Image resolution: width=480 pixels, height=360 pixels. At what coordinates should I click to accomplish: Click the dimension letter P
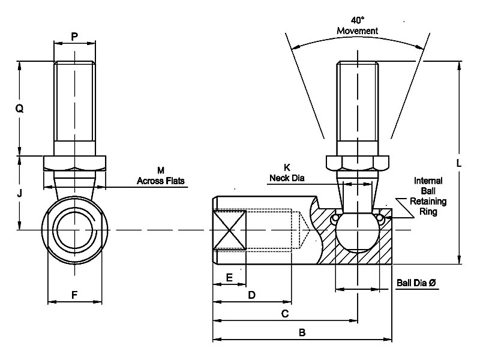pyautogui.click(x=74, y=37)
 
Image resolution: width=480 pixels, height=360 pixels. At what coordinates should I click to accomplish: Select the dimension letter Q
pyautogui.click(x=19, y=108)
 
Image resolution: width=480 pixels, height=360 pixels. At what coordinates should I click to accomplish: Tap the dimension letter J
pyautogui.click(x=19, y=193)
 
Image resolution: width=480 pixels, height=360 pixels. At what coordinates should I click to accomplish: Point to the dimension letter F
pyautogui.click(x=74, y=295)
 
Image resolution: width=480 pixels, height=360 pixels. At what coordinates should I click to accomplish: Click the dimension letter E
pyautogui.click(x=229, y=277)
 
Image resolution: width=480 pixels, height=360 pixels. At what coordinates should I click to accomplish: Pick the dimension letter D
pyautogui.click(x=251, y=295)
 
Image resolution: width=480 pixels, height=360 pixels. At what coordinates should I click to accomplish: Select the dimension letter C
pyautogui.click(x=284, y=313)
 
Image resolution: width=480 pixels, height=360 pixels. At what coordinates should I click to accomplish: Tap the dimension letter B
pyautogui.click(x=302, y=332)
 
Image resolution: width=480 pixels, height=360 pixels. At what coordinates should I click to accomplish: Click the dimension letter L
pyautogui.click(x=458, y=163)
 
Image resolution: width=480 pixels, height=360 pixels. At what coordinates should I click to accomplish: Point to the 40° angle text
pyautogui.click(x=358, y=20)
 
